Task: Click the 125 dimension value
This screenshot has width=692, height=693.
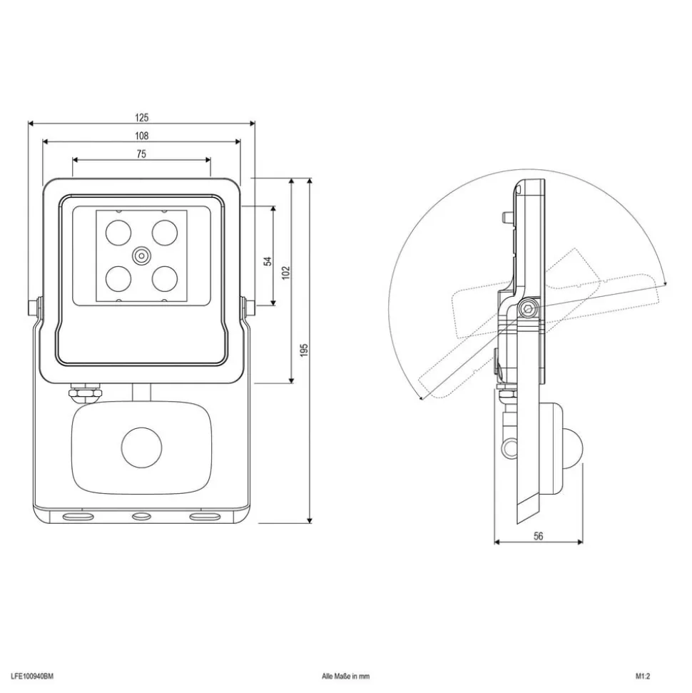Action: click(x=141, y=118)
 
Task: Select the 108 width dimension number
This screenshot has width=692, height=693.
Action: click(x=141, y=136)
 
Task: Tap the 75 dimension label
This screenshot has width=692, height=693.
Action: click(x=141, y=154)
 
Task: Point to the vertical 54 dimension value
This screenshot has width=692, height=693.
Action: click(x=268, y=260)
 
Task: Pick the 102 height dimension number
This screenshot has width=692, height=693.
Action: click(x=286, y=272)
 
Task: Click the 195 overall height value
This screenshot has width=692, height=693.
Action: click(x=304, y=350)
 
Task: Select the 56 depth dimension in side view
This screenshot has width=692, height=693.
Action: click(x=538, y=536)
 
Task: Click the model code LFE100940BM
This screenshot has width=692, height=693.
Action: click(x=32, y=676)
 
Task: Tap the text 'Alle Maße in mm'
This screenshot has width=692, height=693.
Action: click(x=345, y=676)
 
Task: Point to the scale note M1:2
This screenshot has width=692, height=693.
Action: click(x=643, y=676)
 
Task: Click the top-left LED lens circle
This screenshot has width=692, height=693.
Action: click(x=118, y=233)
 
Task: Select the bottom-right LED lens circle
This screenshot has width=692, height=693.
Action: click(x=165, y=279)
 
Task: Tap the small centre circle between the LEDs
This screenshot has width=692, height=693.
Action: click(x=141, y=256)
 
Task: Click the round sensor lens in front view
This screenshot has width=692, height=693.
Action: click(x=141, y=447)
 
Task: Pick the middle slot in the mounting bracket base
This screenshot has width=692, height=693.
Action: click(x=141, y=516)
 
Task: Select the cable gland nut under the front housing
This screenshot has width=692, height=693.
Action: click(x=84, y=393)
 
